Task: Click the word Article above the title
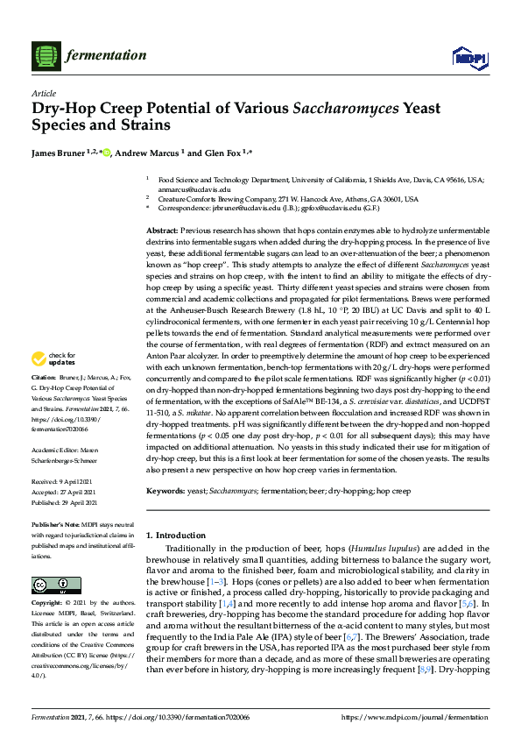pyautogui.click(x=43, y=94)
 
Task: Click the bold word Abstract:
pyautogui.click(x=164, y=229)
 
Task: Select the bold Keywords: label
pyautogui.click(x=166, y=492)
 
